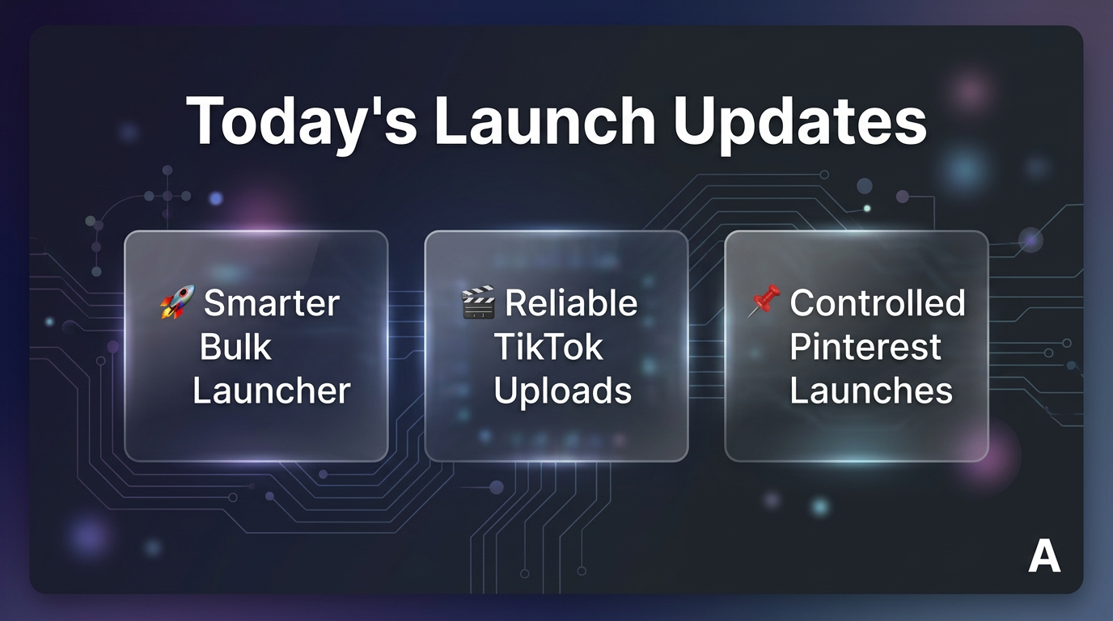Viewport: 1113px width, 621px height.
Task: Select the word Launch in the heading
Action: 545,120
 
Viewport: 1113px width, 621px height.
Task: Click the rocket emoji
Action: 177,302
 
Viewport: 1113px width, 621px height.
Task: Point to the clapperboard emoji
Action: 478,302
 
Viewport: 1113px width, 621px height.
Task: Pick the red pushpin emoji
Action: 764,301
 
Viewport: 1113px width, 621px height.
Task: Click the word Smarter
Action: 272,302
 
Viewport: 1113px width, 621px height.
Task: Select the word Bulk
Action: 235,346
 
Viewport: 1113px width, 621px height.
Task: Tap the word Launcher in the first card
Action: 271,391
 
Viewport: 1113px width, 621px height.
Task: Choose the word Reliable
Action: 571,302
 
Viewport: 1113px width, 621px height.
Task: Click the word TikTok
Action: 548,346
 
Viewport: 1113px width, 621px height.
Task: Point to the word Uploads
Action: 562,391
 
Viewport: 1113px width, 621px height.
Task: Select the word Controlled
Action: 878,302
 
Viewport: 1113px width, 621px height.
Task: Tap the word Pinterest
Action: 865,346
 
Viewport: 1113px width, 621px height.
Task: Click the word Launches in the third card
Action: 871,391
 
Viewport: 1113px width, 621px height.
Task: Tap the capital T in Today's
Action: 205,120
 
